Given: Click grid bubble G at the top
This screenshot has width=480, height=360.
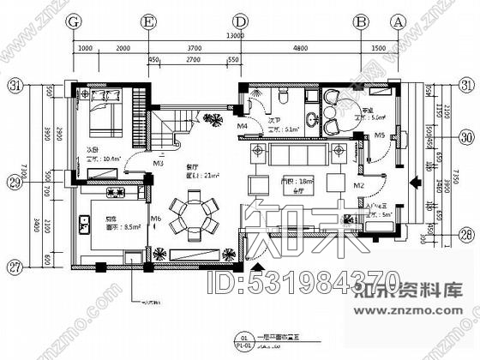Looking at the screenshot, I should (x=75, y=21).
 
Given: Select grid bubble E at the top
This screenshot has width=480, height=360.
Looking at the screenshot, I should (x=150, y=21).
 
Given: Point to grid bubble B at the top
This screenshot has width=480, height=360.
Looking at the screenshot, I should (x=361, y=21).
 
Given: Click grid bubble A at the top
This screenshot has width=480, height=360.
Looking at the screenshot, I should (x=398, y=21).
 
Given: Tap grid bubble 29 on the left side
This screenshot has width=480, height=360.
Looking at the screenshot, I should (x=15, y=183).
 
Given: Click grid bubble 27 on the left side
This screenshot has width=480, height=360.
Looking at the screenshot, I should (x=15, y=267).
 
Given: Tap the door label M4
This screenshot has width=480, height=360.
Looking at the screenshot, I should (x=243, y=127).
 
